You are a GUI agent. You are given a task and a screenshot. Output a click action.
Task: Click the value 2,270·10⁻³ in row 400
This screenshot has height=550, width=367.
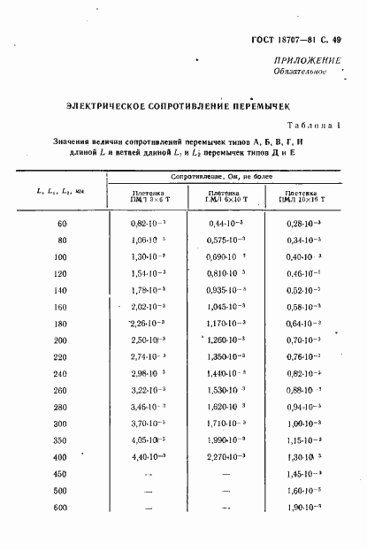click(x=227, y=456)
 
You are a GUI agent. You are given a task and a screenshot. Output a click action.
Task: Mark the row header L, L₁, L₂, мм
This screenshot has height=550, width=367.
click(x=61, y=192)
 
